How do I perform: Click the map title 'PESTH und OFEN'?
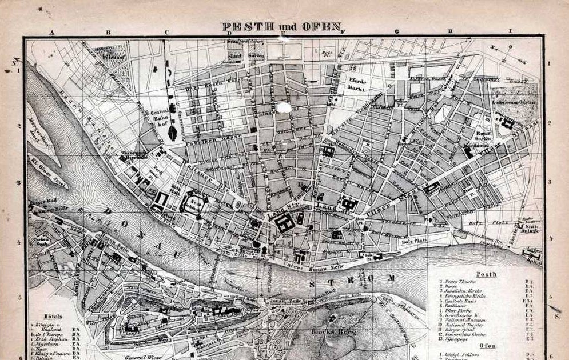click(x=281, y=27)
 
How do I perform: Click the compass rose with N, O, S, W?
click(x=506, y=54)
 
